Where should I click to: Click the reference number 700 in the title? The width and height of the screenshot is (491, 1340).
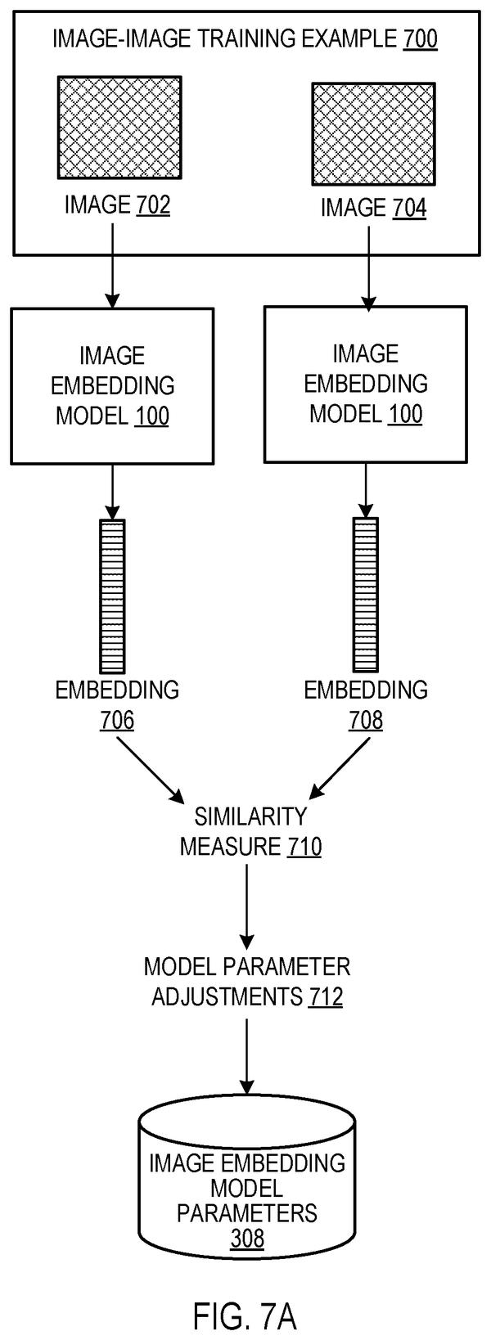420,39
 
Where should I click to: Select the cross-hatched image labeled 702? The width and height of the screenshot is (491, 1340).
119,127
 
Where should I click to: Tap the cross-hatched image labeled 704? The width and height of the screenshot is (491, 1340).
373,133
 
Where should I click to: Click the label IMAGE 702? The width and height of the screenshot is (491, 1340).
117,205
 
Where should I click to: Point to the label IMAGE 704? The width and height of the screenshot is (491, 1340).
374,208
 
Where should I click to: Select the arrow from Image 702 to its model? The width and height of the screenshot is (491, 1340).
112,265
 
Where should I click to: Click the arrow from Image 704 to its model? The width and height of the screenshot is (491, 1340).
368,268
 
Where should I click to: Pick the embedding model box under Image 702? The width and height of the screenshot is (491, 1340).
112,386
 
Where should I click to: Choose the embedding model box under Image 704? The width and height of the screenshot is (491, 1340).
366,384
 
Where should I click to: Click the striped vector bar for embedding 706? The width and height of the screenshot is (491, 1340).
112,596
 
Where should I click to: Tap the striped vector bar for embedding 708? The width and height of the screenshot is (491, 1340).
366,594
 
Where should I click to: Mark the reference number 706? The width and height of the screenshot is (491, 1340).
117,721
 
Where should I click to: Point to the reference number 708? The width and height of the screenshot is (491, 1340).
366,721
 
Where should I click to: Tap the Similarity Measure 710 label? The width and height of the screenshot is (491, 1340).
251,832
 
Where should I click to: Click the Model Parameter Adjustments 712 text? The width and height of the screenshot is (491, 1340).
247,983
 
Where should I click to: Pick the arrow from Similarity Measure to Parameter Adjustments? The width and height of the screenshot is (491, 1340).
247,905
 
